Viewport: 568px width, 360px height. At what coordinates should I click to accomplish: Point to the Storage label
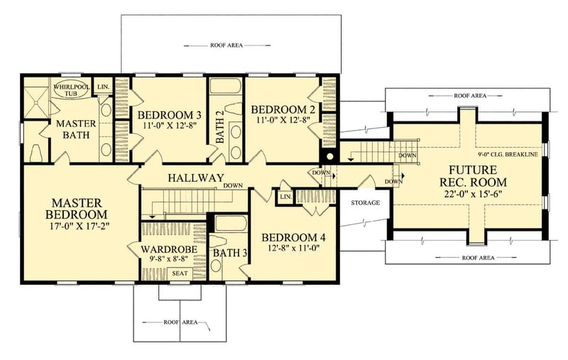coord(365,203)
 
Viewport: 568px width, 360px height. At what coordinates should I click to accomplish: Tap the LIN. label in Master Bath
coord(102,87)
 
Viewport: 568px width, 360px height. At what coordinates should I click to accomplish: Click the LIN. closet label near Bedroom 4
coord(285,196)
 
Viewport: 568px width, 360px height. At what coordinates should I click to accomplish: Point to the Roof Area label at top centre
coord(226,44)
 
